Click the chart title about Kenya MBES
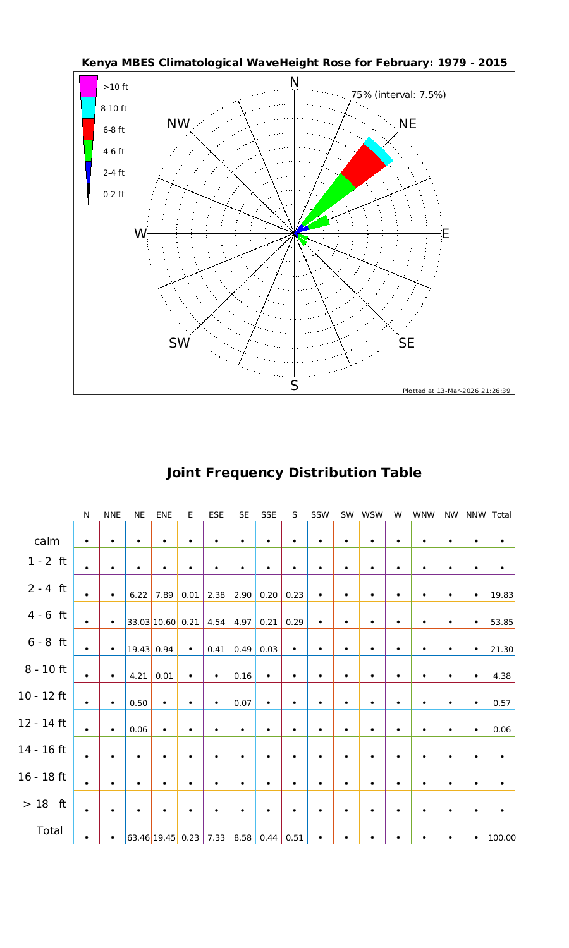tap(294, 63)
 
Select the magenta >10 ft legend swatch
tap(89, 87)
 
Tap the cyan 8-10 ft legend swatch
tap(88, 108)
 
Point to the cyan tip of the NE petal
tap(379, 150)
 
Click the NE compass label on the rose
tap(408, 124)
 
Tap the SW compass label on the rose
tap(179, 343)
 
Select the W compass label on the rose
tap(140, 234)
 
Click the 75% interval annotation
tap(398, 95)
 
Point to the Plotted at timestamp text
tap(456, 391)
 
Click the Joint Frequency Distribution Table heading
tap(294, 473)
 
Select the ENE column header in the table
tap(164, 515)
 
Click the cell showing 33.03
tap(138, 622)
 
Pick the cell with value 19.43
tap(138, 649)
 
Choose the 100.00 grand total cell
tap(502, 838)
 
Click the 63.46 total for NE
tap(138, 838)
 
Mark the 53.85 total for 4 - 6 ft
tap(502, 622)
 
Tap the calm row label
tap(47, 541)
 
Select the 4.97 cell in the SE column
tap(243, 622)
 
